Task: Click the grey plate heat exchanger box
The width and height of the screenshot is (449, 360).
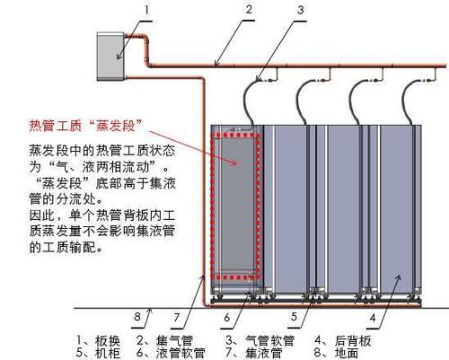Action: (110, 57)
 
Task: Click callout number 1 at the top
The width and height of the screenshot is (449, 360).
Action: (146, 10)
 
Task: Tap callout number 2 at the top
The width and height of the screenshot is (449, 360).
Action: (249, 9)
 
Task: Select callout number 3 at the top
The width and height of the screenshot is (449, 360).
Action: (301, 10)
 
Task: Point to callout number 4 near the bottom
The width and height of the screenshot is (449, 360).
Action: (373, 318)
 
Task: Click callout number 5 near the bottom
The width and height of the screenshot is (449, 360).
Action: (295, 317)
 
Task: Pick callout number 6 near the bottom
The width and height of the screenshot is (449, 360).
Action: (227, 317)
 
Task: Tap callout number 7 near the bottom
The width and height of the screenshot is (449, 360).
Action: (177, 317)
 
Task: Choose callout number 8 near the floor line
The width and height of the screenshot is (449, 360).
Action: (137, 316)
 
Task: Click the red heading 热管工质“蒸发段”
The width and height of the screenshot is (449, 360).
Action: (85, 126)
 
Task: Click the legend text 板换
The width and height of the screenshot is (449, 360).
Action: (108, 341)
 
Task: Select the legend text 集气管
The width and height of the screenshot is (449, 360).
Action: (174, 341)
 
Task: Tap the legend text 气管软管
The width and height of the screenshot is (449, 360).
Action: (269, 341)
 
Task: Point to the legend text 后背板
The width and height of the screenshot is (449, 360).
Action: (353, 341)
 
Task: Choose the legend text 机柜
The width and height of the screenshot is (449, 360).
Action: (108, 353)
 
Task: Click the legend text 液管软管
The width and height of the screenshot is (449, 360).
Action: (180, 353)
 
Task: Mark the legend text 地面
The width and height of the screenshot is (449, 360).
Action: (347, 353)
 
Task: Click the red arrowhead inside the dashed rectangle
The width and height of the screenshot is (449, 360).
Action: (234, 162)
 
